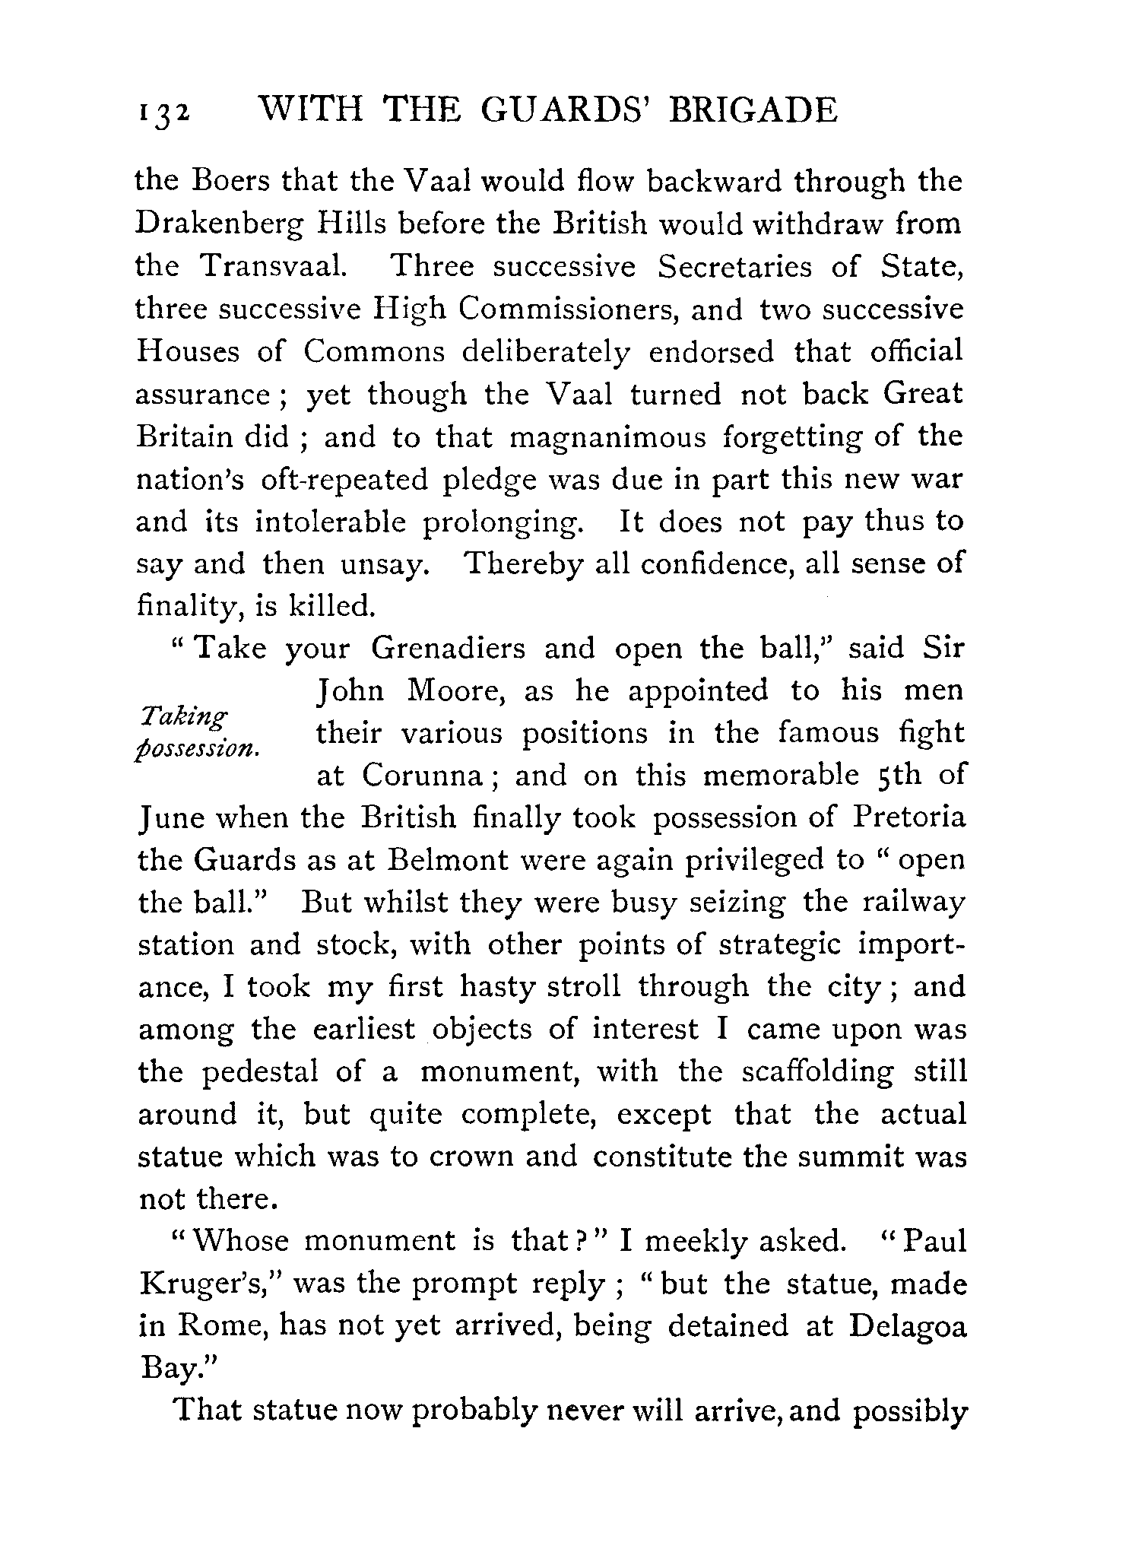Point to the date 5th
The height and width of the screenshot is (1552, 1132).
click(893, 776)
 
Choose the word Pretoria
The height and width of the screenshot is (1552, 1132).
click(908, 818)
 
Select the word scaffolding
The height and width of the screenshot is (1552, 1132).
click(817, 1071)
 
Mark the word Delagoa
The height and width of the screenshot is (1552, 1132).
click(908, 1326)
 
